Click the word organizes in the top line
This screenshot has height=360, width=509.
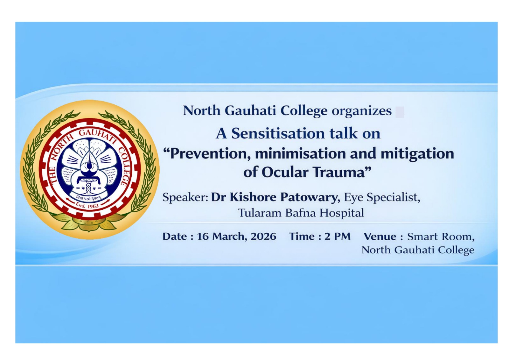[361, 111]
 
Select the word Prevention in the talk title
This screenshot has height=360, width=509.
[208, 154]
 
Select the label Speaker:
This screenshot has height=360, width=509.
[185, 197]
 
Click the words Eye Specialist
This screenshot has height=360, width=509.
[382, 197]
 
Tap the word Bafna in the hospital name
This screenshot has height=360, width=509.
[301, 213]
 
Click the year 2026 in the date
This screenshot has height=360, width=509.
[263, 236]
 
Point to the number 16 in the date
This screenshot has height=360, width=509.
[202, 236]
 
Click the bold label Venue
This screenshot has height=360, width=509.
[380, 236]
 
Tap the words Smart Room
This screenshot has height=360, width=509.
[441, 237]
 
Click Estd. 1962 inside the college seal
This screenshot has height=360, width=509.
[87, 205]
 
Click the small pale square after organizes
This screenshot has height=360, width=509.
[400, 112]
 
